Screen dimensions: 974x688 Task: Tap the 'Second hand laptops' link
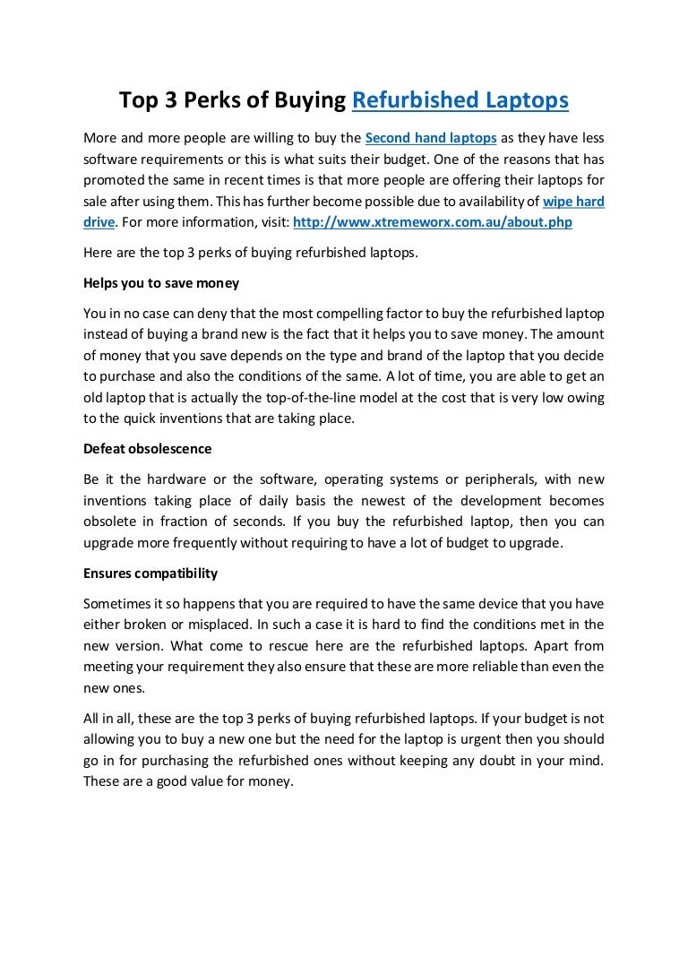click(431, 139)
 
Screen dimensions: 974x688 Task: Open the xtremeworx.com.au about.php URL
click(433, 220)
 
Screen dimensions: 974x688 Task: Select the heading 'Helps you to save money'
click(161, 283)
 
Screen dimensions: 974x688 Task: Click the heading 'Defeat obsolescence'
click(147, 447)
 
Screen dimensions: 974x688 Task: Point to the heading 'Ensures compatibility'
click(150, 573)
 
